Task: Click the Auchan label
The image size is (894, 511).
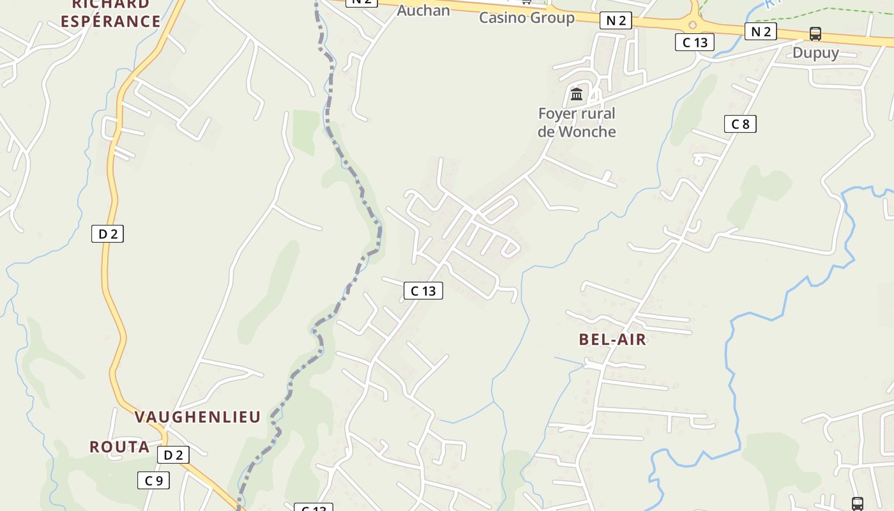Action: click(423, 10)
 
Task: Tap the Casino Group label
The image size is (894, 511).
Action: click(527, 17)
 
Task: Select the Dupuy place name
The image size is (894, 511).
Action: click(815, 52)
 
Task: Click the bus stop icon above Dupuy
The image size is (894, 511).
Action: click(815, 34)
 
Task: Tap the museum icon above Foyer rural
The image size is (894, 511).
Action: click(577, 95)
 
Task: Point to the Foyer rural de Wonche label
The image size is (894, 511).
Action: click(577, 123)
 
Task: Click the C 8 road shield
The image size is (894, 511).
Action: click(740, 124)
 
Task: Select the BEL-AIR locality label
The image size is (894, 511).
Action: click(612, 339)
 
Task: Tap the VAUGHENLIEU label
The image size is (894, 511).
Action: click(197, 417)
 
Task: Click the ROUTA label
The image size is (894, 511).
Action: click(119, 446)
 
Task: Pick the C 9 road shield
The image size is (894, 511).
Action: click(154, 480)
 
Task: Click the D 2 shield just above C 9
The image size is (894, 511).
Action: click(173, 455)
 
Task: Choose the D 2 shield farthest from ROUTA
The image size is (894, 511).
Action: click(107, 234)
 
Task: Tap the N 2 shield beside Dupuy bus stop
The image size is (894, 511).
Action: click(761, 31)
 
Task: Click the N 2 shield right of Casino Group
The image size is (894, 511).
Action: click(616, 20)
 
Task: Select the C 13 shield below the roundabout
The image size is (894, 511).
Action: click(695, 42)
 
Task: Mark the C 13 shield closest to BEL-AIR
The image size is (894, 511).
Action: click(423, 291)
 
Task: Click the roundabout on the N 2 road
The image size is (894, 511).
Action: click(693, 25)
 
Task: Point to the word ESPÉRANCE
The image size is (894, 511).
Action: click(110, 21)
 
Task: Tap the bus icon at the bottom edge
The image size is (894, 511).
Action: click(857, 504)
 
